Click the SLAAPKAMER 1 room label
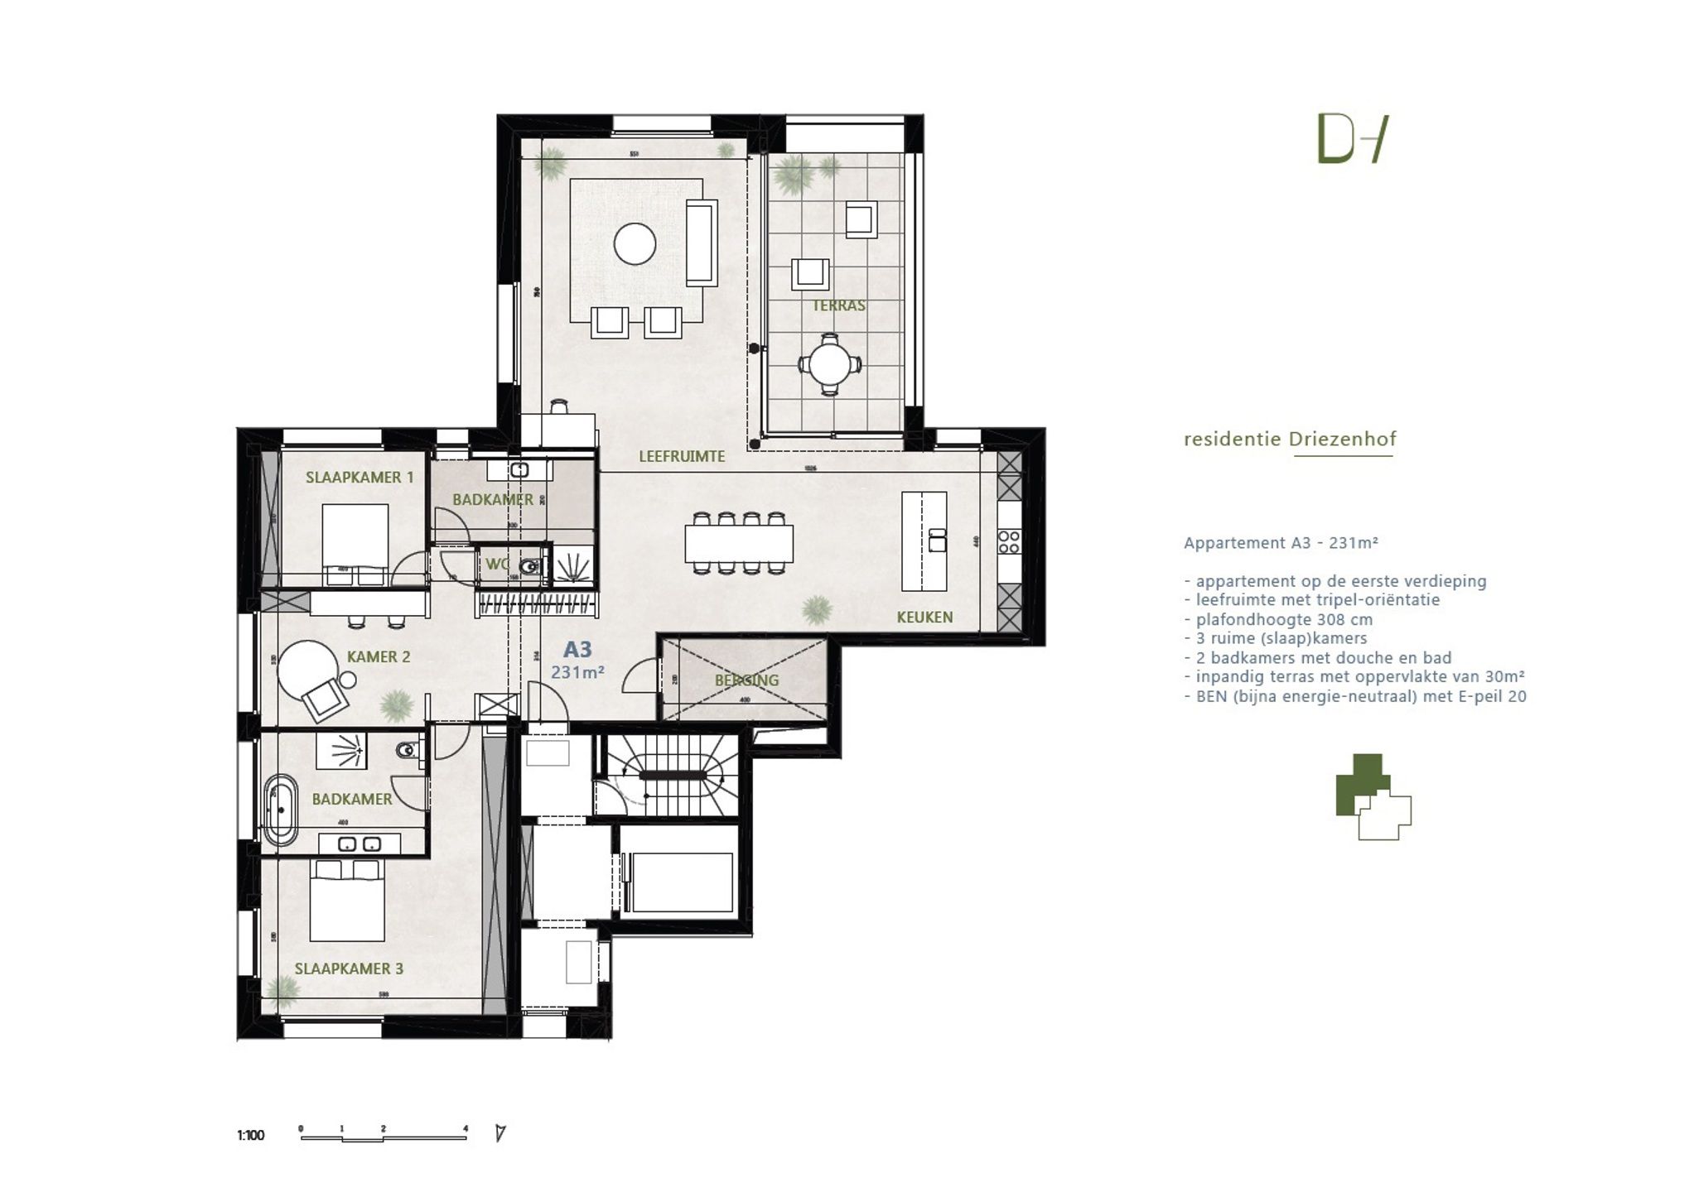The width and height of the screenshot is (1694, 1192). point(360,478)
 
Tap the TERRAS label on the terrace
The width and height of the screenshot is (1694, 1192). point(838,305)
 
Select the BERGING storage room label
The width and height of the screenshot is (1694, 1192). point(747,680)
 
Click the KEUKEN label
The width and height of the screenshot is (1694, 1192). point(924,617)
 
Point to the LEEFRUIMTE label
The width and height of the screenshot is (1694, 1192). point(682,456)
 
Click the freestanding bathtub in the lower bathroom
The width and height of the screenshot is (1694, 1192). point(281,810)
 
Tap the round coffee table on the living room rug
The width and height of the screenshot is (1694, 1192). point(635,244)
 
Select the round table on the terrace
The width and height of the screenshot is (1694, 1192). point(829,363)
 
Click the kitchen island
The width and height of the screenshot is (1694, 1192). point(924,541)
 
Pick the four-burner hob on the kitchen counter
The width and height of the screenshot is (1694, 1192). point(1009,542)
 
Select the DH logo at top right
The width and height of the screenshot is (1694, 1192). point(1352,140)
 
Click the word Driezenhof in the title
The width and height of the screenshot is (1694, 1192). point(1342,440)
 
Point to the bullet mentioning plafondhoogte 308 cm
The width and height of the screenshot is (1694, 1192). point(1284,619)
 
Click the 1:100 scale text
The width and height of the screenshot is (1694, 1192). point(251,1135)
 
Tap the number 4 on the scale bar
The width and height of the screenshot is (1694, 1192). point(466,1128)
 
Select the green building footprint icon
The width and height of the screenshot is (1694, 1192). point(1373,796)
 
